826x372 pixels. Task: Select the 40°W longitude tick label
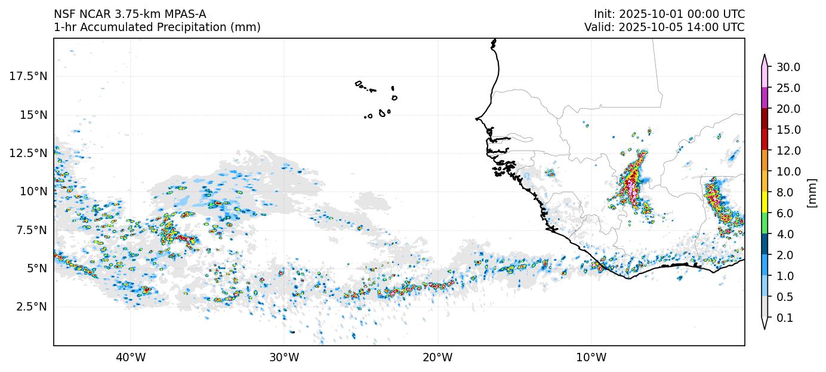[131, 358]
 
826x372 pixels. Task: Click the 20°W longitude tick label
[437, 358]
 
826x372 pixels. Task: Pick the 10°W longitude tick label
[591, 358]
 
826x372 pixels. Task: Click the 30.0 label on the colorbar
[788, 67]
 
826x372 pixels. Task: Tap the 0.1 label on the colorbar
[785, 318]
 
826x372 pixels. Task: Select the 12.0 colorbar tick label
[788, 150]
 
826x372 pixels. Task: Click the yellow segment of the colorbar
[764, 202]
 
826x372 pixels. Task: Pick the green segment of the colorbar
[764, 223]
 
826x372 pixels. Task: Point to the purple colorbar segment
[764, 98]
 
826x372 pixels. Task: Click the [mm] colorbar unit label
[812, 192]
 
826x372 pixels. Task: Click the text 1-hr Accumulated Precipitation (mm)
[157, 27]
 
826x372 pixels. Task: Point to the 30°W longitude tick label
[284, 358]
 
